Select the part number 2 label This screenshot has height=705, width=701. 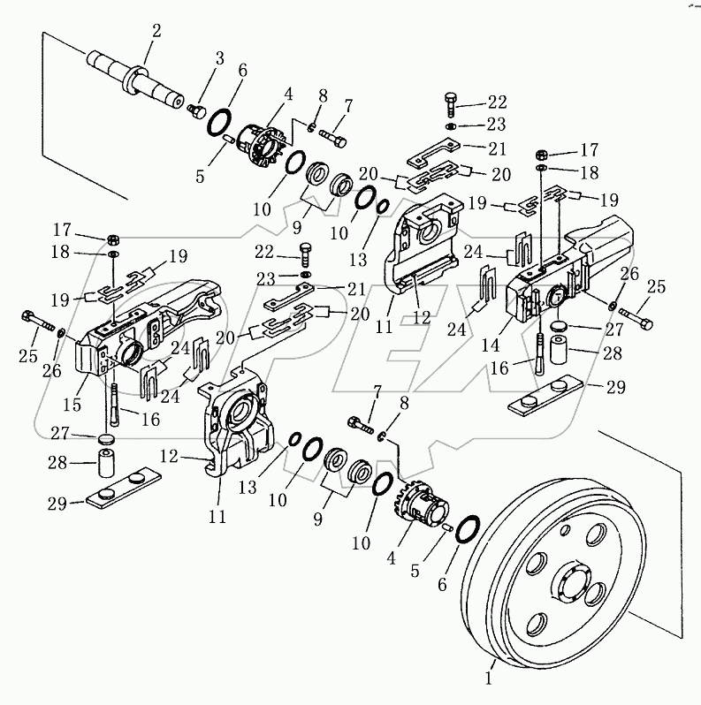pyautogui.click(x=156, y=31)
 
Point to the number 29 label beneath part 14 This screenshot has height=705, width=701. pyautogui.click(x=615, y=385)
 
